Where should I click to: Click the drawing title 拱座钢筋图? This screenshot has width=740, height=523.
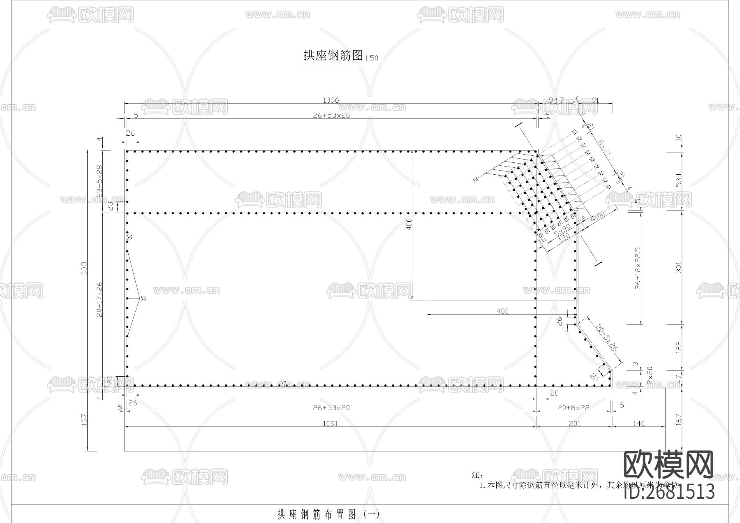(333, 56)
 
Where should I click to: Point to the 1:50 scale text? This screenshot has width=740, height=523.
(371, 58)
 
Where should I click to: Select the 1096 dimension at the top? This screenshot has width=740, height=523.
(331, 100)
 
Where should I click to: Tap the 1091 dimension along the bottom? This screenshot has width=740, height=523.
(330, 423)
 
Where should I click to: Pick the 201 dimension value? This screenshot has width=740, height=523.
(574, 423)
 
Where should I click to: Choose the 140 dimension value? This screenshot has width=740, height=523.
(638, 423)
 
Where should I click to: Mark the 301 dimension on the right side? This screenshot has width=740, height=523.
(679, 267)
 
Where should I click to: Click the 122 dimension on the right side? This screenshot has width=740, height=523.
(679, 347)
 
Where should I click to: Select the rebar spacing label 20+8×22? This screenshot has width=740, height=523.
(574, 407)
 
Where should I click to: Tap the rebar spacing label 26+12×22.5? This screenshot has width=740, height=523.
(638, 268)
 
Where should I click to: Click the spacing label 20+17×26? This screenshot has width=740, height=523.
(99, 299)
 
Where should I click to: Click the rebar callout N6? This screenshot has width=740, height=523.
(129, 238)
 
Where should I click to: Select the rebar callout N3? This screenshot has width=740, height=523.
(143, 299)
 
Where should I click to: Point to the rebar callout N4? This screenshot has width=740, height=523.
(476, 180)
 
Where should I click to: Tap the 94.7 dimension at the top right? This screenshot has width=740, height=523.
(556, 100)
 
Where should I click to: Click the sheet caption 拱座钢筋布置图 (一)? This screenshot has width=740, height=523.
(328, 514)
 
